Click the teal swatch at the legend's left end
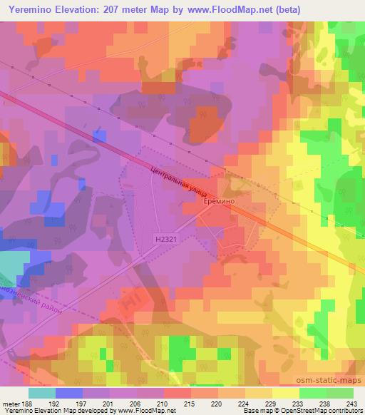coord(42,392)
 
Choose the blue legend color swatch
coord(68,392)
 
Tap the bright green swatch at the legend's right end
coord(341,392)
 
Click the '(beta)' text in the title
coord(284,9)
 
